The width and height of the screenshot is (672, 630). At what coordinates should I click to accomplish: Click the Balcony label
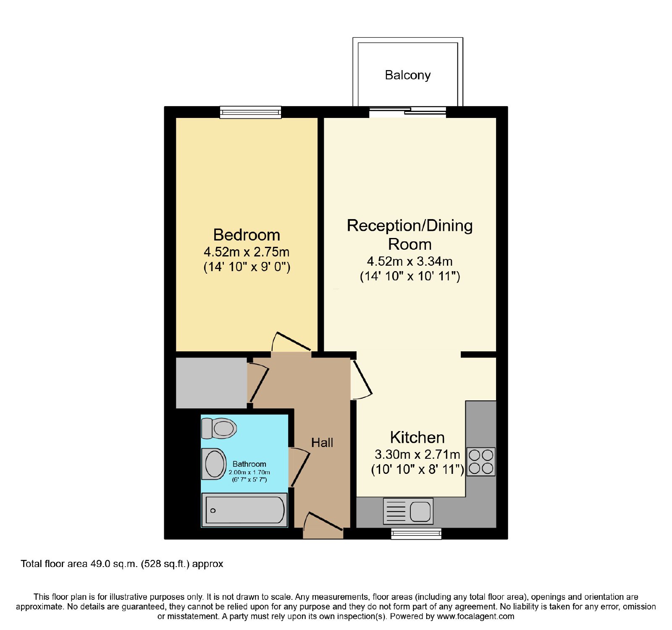(408, 75)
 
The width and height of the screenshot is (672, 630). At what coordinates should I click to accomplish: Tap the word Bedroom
(247, 235)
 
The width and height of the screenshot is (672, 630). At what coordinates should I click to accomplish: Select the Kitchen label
(417, 437)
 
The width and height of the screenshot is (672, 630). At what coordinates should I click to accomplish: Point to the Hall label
(322, 442)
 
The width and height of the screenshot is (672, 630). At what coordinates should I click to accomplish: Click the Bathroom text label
(249, 464)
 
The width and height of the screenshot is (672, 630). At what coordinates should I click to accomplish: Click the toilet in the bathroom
(219, 428)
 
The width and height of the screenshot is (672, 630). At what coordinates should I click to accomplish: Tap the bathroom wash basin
(214, 464)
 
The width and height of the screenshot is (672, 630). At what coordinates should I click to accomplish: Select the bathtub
(244, 510)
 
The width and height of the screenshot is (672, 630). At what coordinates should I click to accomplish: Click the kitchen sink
(408, 511)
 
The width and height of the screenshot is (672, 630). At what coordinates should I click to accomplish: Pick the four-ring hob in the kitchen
(481, 462)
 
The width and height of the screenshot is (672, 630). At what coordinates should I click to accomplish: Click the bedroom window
(251, 112)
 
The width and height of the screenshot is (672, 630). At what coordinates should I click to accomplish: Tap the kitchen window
(416, 533)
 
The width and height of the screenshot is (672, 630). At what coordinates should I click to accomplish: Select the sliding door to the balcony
(407, 111)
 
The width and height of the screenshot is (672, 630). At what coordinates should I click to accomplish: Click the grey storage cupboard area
(211, 383)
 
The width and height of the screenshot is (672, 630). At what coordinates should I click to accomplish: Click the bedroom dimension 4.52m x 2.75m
(247, 252)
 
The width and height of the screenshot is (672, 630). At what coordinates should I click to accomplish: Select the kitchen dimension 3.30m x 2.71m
(417, 454)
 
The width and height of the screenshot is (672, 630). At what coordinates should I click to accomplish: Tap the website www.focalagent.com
(475, 616)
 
